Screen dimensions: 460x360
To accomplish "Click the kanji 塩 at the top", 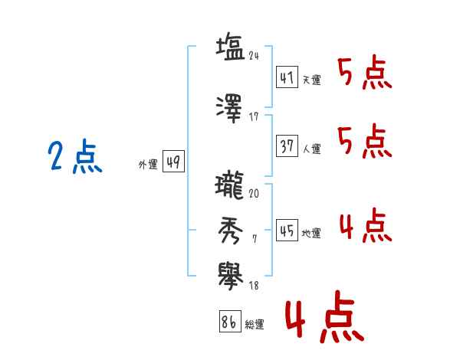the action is [230, 46].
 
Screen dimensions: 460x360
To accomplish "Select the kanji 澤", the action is [229, 109].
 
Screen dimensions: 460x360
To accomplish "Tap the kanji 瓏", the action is [229, 185].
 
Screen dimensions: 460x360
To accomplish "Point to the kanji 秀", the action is [230, 231].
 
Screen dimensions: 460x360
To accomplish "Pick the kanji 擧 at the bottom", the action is [231, 277].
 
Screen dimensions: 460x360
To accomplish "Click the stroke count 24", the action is [254, 56].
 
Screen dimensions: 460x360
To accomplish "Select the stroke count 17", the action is [254, 117].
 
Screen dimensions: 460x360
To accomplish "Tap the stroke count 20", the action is [254, 194].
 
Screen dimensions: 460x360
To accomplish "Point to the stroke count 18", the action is [254, 285].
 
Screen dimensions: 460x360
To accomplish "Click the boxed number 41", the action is [287, 77].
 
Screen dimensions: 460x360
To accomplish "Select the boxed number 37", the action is [287, 146].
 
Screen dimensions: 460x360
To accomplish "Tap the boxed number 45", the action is [287, 230].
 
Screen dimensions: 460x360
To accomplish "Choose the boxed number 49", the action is [173, 162].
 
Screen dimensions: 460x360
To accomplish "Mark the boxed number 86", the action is [230, 321].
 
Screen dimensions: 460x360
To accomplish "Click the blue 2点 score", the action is [75, 156].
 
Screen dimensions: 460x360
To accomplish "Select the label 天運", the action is [312, 80].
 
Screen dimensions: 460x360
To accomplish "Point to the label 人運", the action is [312, 149].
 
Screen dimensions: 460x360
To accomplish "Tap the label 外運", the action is [148, 165].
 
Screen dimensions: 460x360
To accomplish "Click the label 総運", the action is [255, 324].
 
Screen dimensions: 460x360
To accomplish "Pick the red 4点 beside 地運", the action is [366, 225].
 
